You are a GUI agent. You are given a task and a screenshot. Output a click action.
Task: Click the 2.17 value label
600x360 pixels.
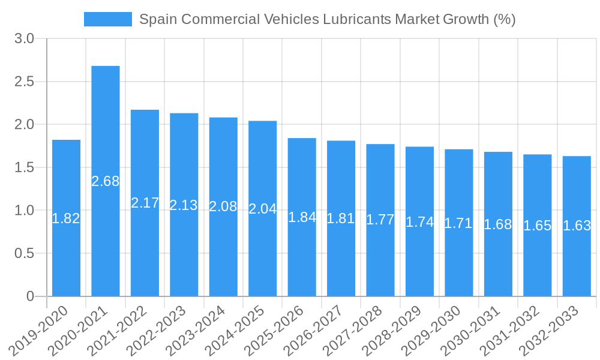[145, 203]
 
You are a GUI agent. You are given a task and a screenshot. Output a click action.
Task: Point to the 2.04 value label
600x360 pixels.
[263, 209]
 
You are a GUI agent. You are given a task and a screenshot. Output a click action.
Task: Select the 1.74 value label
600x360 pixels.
[420, 222]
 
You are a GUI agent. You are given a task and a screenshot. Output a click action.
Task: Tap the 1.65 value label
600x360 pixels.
[538, 226]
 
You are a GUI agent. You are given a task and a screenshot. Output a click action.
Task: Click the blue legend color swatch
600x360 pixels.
[108, 19]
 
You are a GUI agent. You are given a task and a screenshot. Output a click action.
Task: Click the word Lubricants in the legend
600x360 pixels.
[356, 19]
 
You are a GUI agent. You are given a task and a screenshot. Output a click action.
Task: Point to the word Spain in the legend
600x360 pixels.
[158, 19]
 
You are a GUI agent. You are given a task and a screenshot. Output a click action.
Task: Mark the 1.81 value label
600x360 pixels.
[341, 218]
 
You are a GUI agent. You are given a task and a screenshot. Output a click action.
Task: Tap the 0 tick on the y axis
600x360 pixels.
[31, 296]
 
